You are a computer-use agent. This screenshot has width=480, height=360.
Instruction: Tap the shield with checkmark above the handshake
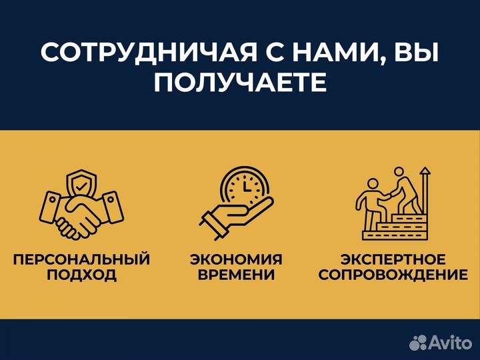[x=82, y=183]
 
